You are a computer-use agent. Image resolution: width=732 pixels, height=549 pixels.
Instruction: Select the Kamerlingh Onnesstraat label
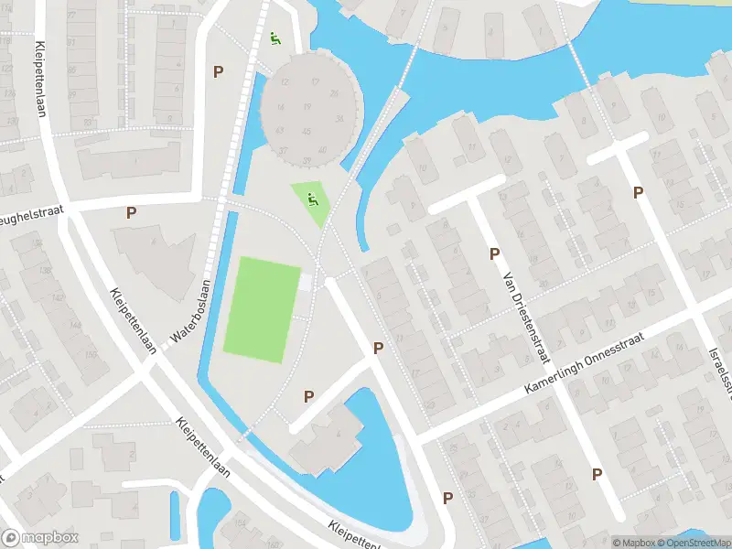(585, 363)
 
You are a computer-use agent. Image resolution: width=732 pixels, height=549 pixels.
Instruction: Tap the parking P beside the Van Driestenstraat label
(494, 253)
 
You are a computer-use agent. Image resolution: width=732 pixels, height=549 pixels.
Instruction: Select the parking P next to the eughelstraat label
(131, 212)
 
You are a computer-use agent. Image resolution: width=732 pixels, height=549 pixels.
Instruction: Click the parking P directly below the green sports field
(308, 396)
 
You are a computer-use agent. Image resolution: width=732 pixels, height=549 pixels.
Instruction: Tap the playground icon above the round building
(275, 38)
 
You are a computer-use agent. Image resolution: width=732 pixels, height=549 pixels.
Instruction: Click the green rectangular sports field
(263, 308)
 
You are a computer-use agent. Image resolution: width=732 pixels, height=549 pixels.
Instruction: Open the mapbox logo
(40, 538)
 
